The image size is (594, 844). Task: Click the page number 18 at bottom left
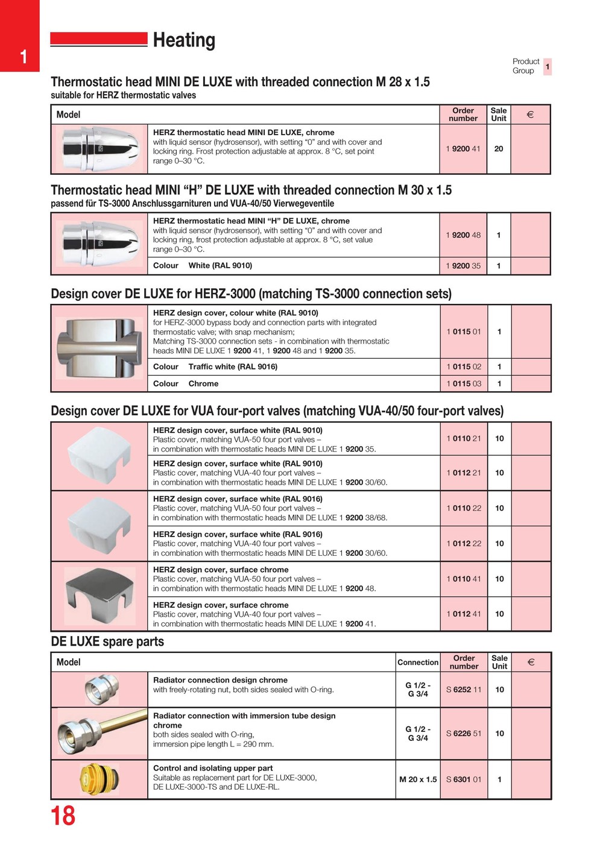(63, 816)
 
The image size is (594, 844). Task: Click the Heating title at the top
(184, 40)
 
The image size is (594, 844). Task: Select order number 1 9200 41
(463, 149)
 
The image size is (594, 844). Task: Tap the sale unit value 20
(499, 149)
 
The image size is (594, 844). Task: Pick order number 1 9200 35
(463, 266)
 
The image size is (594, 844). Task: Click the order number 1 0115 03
(464, 383)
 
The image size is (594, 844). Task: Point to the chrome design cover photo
(100, 595)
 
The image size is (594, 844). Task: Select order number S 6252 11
(464, 690)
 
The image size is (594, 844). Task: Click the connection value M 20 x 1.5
(418, 779)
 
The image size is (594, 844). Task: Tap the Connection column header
(418, 663)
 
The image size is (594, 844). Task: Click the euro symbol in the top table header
(530, 115)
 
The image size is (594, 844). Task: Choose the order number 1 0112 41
(464, 614)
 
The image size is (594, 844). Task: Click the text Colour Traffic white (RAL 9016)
(215, 367)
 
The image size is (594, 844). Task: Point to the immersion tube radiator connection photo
(100, 733)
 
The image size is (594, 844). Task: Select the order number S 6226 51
(464, 734)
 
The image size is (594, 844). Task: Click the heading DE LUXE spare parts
(107, 641)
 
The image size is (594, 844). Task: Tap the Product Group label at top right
(526, 66)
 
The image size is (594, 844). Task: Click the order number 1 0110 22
(464, 508)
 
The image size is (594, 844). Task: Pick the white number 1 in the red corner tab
(23, 57)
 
